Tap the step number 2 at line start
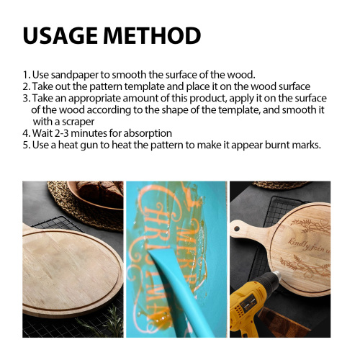(x=26, y=86)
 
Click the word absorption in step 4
(x=148, y=133)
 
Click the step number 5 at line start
(x=26, y=145)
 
